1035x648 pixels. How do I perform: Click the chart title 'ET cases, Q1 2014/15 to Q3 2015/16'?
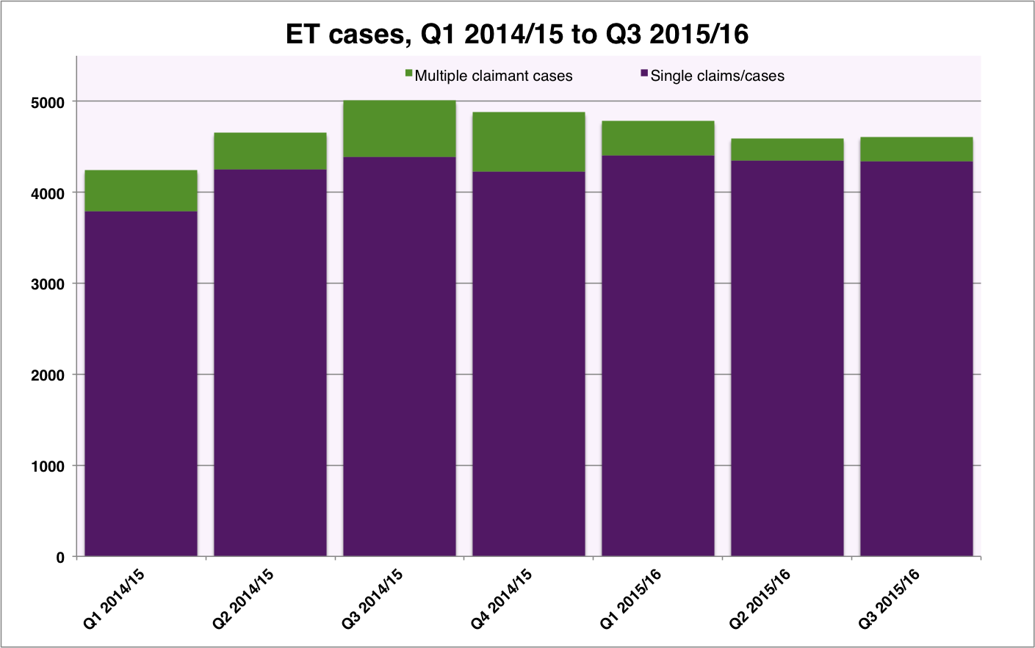point(517,35)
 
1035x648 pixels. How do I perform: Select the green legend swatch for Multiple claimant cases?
point(408,73)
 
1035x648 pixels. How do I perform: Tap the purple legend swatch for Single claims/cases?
point(644,73)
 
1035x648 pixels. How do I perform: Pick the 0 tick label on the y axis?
point(60,558)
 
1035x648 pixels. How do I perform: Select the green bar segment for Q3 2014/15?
point(400,129)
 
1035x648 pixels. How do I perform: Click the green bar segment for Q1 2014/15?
point(141,191)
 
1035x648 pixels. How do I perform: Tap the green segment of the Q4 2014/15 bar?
point(529,143)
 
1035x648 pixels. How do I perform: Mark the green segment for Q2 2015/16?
point(787,150)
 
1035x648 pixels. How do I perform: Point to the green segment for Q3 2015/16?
point(917,149)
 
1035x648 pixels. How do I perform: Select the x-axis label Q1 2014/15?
point(115,600)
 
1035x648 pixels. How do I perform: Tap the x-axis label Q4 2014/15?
point(502,600)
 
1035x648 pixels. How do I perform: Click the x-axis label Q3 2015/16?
point(890,600)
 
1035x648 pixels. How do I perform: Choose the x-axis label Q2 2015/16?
point(760,600)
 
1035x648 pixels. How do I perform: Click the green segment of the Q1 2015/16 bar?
point(658,138)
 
